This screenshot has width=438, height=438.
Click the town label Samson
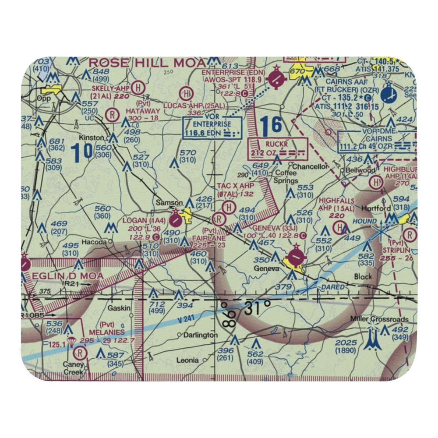tap(170, 202)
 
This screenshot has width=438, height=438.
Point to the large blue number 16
tap(270, 126)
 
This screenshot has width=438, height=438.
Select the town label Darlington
tap(201, 335)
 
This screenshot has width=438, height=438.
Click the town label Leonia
tap(187, 360)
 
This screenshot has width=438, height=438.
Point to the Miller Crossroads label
tap(379, 319)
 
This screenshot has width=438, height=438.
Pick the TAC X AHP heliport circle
tap(228, 206)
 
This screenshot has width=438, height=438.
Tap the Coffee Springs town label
tap(286, 177)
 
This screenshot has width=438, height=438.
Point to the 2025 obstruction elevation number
tap(346, 343)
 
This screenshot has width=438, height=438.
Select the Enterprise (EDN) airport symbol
tap(277, 79)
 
